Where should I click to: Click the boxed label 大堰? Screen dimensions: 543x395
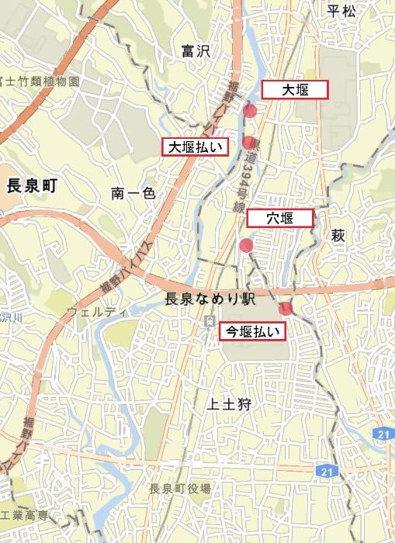(295, 90)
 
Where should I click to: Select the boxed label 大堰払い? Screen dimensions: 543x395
(195, 147)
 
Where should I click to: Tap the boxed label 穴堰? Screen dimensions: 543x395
(280, 218)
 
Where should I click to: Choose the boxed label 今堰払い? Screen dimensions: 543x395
(254, 332)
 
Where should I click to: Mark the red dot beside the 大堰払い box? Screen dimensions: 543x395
(248, 143)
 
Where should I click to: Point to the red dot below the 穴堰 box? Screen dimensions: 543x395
(247, 247)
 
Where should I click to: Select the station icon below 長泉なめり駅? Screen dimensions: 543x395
(208, 320)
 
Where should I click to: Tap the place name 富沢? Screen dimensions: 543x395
(196, 52)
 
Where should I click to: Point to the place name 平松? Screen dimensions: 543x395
(341, 10)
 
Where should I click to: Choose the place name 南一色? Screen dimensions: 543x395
(133, 193)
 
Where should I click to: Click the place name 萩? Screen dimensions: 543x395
(338, 235)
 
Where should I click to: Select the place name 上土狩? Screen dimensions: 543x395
(230, 404)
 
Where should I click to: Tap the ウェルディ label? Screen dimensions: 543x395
(96, 313)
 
